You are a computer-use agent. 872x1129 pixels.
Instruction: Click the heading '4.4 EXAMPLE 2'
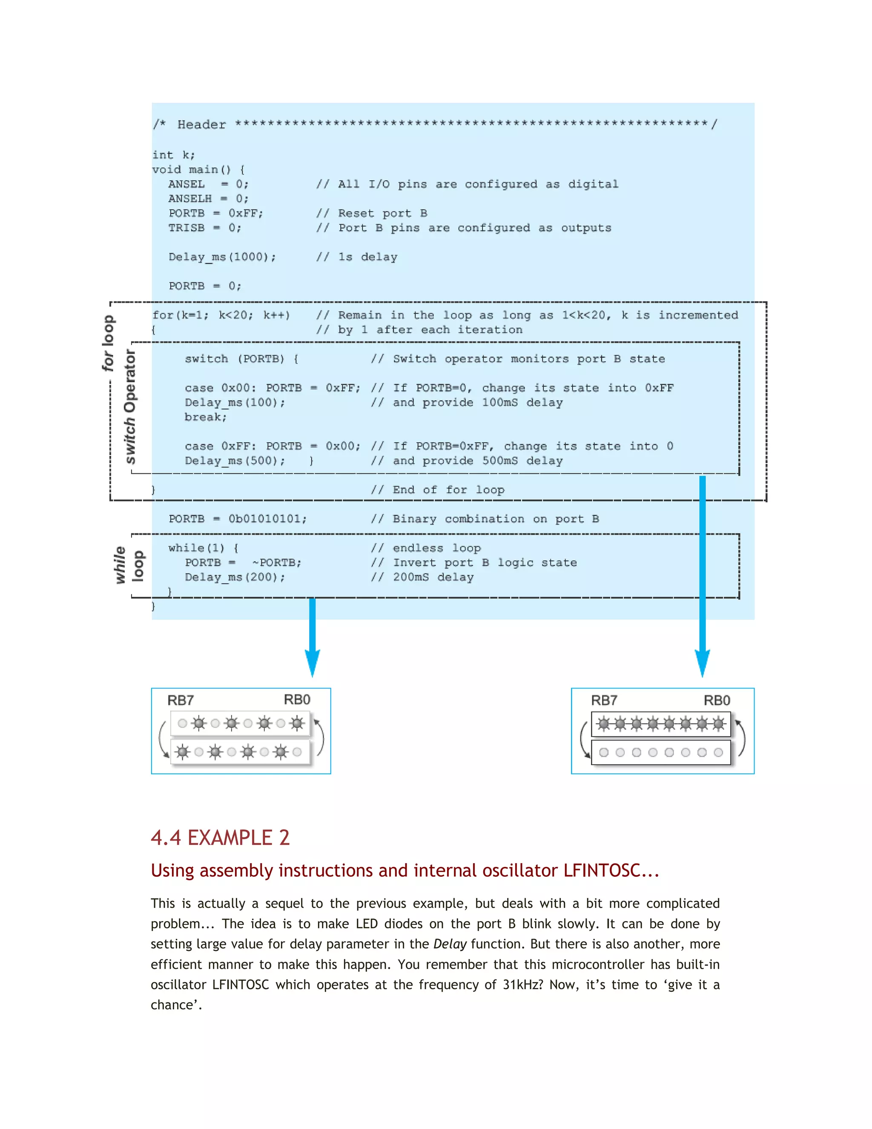tap(220, 838)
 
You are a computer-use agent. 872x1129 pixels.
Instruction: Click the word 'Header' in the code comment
tap(201, 124)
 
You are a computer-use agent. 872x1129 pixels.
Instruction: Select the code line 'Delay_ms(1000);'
tap(222, 257)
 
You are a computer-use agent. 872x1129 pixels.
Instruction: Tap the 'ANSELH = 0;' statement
tap(208, 199)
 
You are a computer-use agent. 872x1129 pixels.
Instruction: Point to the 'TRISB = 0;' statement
tap(204, 228)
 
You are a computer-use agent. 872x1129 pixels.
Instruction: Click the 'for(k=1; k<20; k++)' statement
tap(221, 315)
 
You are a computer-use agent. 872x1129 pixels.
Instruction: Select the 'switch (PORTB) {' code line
tap(241, 359)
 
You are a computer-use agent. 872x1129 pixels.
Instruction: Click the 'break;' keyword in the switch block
tap(206, 417)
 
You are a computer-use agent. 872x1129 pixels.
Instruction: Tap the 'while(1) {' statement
tap(203, 548)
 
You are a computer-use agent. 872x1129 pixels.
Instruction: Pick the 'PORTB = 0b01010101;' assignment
tap(238, 518)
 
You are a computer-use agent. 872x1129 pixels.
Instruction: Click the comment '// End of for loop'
tap(438, 490)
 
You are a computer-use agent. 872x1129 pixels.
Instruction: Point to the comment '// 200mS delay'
tap(422, 577)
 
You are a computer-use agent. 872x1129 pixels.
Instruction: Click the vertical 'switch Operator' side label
tap(130, 406)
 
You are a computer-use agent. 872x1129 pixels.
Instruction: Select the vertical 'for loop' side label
tap(108, 343)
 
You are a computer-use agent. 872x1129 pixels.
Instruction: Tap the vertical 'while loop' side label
tap(129, 565)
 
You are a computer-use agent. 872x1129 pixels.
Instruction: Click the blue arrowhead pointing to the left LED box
tap(312, 663)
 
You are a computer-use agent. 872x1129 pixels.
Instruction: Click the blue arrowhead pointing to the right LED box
tap(702, 663)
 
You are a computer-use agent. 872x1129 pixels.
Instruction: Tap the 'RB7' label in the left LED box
tap(180, 700)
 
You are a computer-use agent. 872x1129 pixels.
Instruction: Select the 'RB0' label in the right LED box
tap(717, 700)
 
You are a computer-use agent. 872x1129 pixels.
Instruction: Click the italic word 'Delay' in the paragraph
tap(450, 944)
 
